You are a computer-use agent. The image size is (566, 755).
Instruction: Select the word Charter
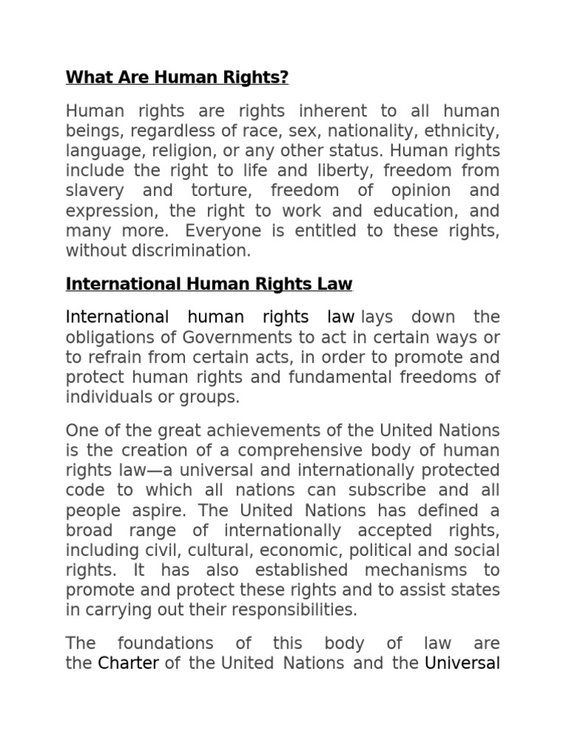click(x=128, y=663)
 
